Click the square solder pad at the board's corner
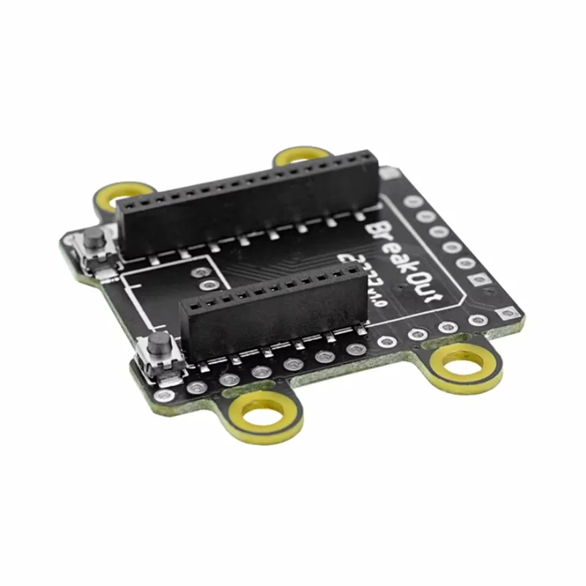tap(506, 313)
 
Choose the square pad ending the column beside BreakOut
tap(481, 279)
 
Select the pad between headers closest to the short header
tap(210, 284)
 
